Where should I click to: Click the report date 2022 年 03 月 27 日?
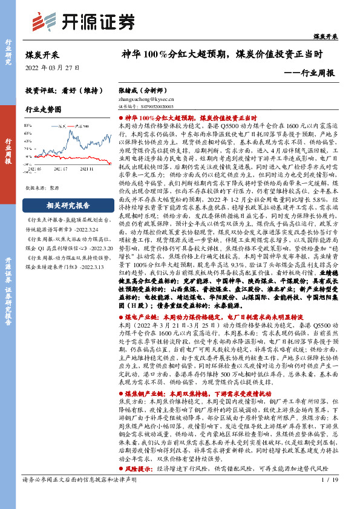(52, 67)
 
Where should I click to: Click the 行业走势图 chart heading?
(44, 109)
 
